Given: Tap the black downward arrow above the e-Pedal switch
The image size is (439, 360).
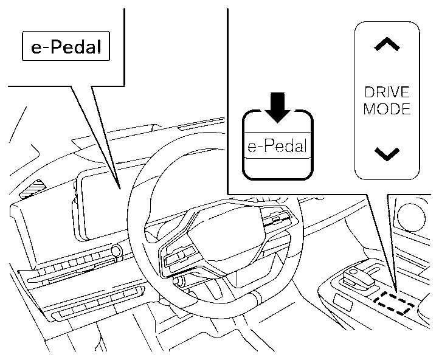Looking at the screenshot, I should point(278,106).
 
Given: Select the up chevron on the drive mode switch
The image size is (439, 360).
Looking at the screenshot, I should point(387,44).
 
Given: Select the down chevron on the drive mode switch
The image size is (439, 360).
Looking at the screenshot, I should point(387,153).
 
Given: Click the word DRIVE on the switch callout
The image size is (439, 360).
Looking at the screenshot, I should point(387,93).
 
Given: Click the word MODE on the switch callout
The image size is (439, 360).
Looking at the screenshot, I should point(387,109).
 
